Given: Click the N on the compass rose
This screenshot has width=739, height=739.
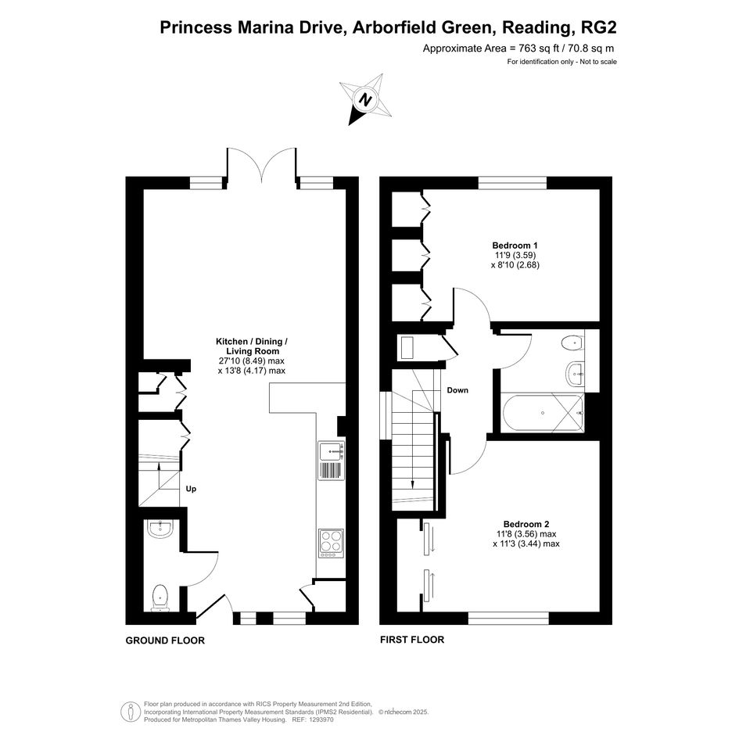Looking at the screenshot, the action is [365, 99].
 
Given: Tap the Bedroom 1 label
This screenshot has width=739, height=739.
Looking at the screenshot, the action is [515, 245].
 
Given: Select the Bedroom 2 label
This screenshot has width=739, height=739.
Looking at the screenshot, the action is [526, 524].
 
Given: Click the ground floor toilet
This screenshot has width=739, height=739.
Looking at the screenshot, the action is [160, 597].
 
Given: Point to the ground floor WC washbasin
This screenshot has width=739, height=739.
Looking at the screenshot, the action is [161, 529].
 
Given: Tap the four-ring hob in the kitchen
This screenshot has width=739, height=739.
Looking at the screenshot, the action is [332, 543].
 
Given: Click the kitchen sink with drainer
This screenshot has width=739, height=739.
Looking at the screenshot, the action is [332, 461].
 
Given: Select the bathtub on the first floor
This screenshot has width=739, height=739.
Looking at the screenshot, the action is [543, 413].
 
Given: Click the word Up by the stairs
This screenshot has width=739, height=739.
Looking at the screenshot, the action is [191, 489].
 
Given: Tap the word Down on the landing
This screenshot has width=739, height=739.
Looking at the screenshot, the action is [457, 389].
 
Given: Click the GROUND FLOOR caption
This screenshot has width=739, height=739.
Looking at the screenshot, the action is [165, 640].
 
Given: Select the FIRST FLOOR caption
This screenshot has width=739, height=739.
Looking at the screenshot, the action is [412, 640].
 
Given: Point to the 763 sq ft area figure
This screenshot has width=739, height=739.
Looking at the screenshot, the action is [539, 48].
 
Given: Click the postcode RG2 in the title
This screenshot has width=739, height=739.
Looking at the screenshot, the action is [599, 27].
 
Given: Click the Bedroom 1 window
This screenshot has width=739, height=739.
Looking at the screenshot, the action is [513, 183].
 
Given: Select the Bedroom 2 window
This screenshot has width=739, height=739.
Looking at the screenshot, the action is [508, 618].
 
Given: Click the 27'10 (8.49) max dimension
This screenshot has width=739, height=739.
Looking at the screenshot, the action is [252, 361].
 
